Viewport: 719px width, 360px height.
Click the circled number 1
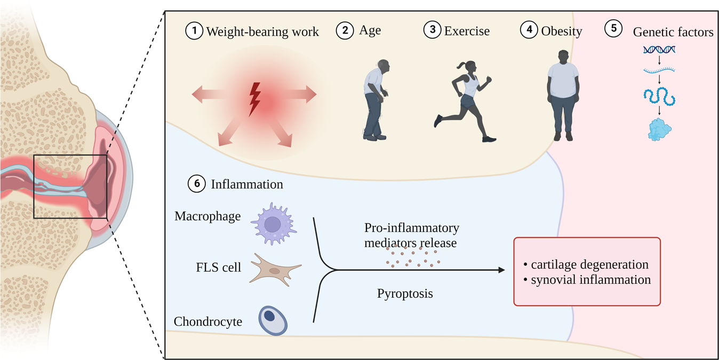(x=195, y=31)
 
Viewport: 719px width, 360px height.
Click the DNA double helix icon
(x=659, y=50)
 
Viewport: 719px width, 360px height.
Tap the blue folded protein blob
(x=659, y=130)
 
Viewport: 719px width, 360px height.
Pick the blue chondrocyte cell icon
(x=273, y=319)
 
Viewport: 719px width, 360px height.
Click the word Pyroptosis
(x=405, y=293)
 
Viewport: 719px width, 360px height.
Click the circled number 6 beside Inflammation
(x=197, y=184)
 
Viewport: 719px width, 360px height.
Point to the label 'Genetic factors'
(x=673, y=32)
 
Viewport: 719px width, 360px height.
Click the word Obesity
(x=561, y=31)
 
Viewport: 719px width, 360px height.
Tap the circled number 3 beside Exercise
(x=432, y=30)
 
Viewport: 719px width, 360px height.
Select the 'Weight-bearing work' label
(x=262, y=31)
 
